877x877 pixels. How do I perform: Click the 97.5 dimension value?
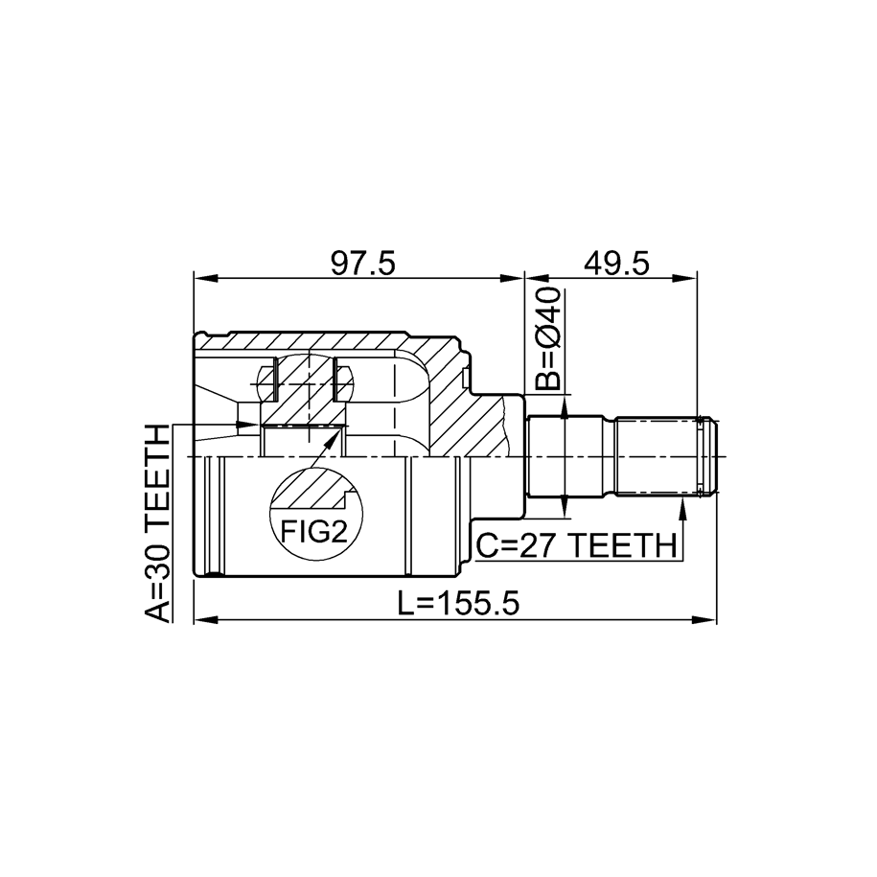click(362, 264)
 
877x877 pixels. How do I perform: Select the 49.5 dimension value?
click(617, 264)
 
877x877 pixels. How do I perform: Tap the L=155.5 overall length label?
click(459, 603)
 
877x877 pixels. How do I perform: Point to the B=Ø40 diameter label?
click(546, 338)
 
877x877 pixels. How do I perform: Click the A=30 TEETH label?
click(157, 523)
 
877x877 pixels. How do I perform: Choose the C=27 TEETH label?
click(576, 545)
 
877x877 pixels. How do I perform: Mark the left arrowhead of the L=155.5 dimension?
click(205, 620)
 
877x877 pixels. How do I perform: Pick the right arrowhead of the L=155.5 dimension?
click(704, 620)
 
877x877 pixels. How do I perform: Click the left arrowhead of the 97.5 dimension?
click(205, 278)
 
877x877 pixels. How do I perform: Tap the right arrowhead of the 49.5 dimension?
click(685, 278)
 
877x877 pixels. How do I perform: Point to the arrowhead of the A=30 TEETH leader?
click(248, 425)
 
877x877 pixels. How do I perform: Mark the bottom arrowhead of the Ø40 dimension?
click(565, 507)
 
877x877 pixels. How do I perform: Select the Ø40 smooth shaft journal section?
click(565, 456)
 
